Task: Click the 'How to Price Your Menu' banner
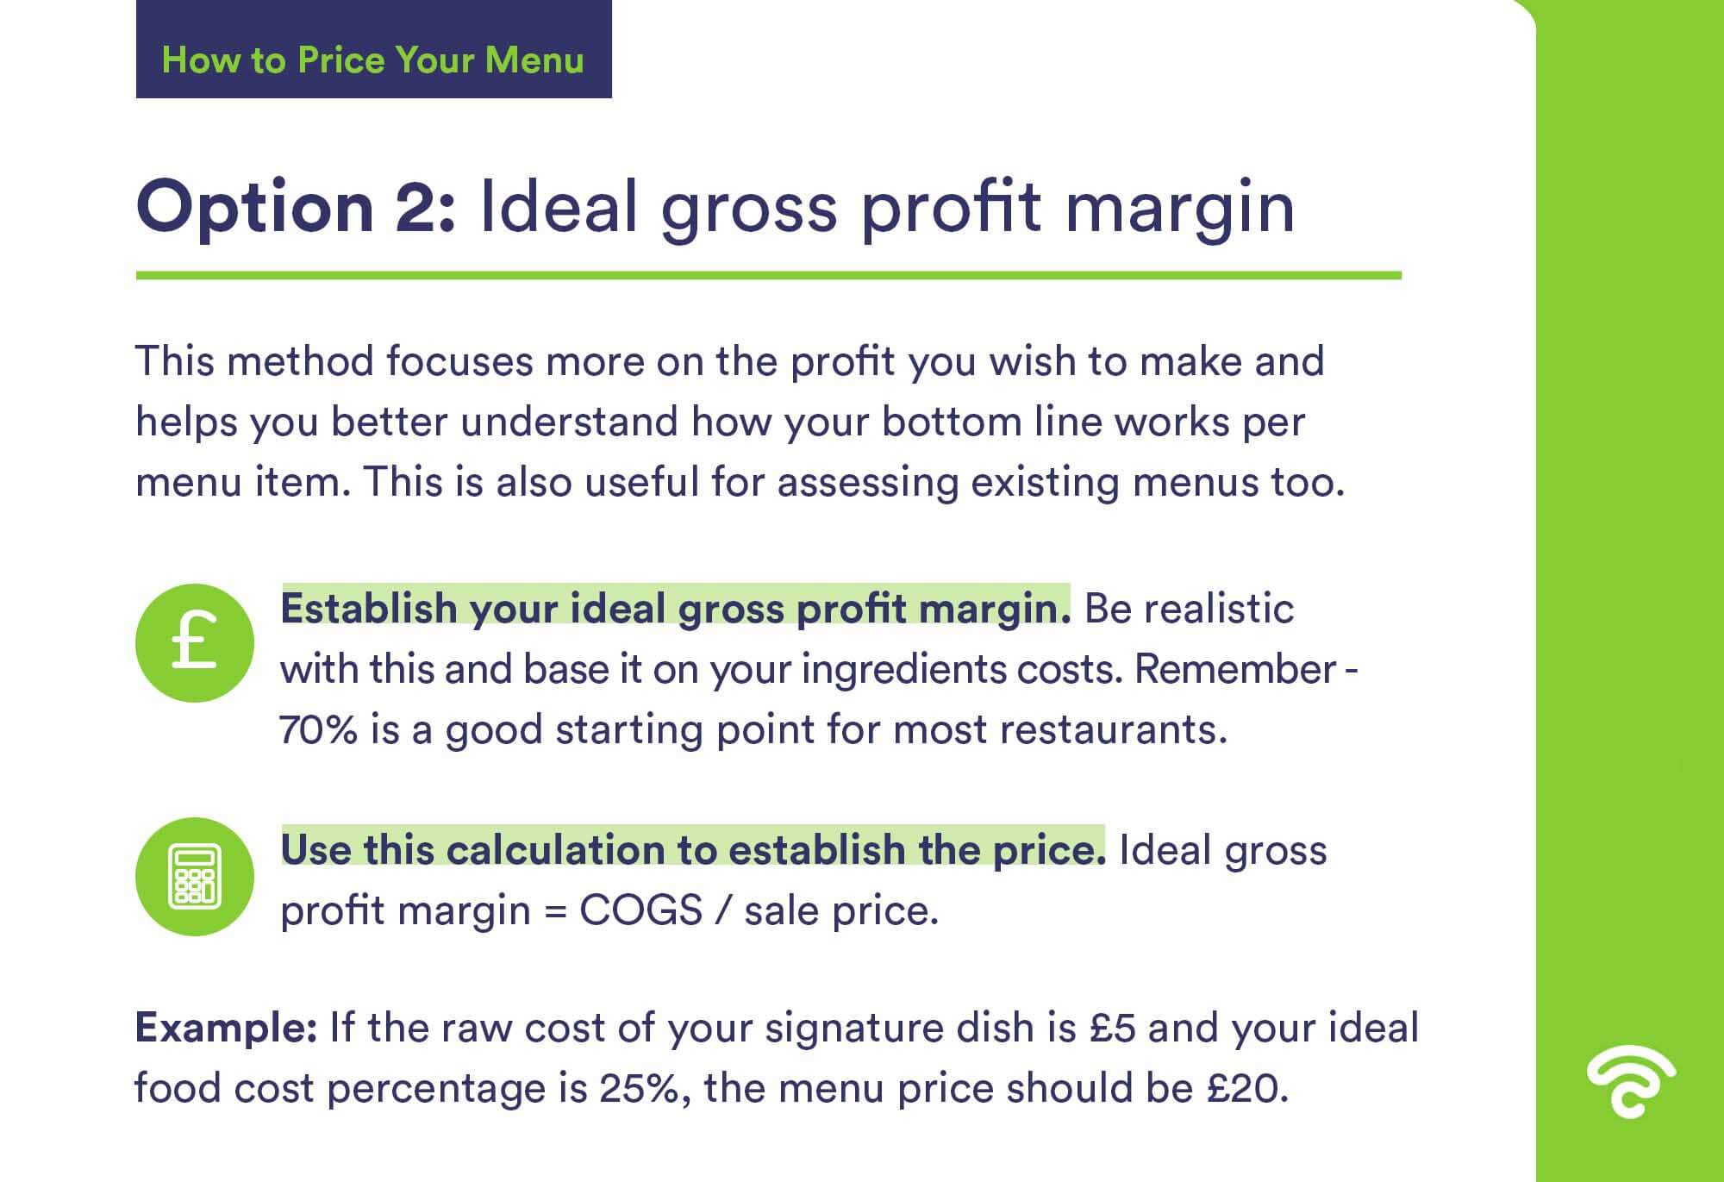click(x=373, y=49)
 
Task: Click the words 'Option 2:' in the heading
click(x=296, y=208)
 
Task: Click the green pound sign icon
click(x=195, y=643)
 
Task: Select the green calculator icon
click(x=195, y=877)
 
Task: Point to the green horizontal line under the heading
click(x=769, y=276)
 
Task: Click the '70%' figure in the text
click(x=319, y=730)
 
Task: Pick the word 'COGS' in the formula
click(x=641, y=910)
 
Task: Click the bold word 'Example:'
click(x=227, y=1029)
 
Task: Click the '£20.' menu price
click(x=1247, y=1089)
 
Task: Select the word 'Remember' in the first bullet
click(x=1235, y=670)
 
